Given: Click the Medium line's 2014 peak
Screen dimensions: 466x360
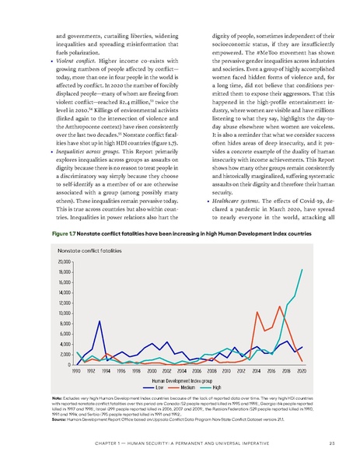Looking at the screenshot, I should (257, 312).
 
